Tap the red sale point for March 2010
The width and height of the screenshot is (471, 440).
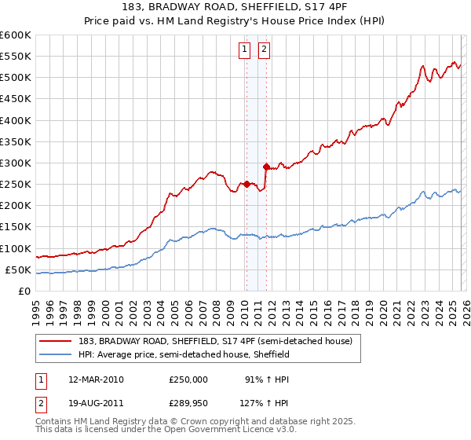coord(246,184)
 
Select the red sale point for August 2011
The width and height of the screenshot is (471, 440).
coord(266,167)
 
